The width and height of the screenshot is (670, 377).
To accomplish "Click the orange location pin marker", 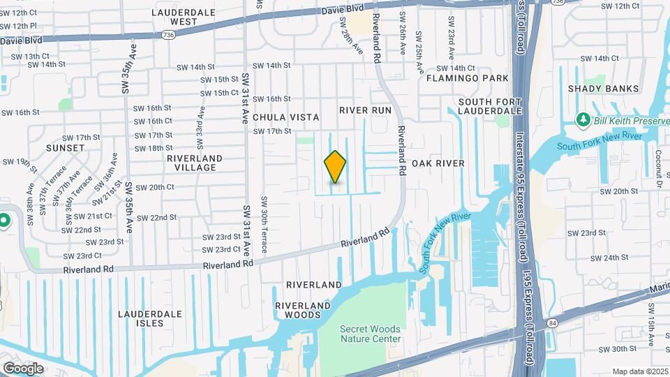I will tap(336, 167).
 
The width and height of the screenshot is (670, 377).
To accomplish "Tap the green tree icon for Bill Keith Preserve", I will tap(583, 120).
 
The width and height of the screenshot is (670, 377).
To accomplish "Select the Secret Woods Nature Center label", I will tap(371, 334).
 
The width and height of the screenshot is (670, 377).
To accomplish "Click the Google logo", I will tap(23, 368).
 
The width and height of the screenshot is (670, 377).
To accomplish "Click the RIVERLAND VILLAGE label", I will tap(194, 163).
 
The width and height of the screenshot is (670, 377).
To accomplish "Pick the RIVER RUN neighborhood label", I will tap(366, 110).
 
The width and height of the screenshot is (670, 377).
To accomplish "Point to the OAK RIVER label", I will tap(438, 163).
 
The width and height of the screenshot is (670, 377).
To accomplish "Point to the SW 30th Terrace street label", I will tap(265, 216).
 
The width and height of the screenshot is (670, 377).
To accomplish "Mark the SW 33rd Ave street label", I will tap(200, 128).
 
